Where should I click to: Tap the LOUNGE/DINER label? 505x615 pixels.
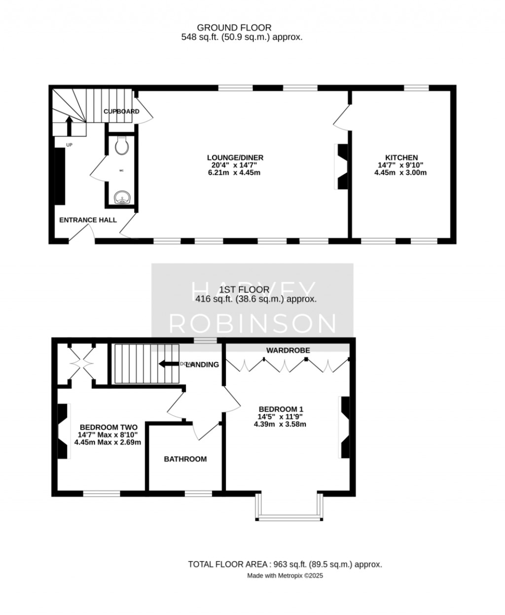pyautogui.click(x=235, y=157)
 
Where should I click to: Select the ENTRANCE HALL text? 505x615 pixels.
pyautogui.click(x=88, y=220)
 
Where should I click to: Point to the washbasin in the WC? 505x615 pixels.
pyautogui.click(x=121, y=198)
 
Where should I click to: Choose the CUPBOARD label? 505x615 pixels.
pyautogui.click(x=121, y=112)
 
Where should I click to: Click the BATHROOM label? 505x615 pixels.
pyautogui.click(x=185, y=459)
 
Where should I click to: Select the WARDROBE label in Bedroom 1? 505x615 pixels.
pyautogui.click(x=288, y=350)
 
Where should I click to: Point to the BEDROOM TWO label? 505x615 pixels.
pyautogui.click(x=108, y=427)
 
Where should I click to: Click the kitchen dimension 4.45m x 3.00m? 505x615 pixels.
pyautogui.click(x=400, y=173)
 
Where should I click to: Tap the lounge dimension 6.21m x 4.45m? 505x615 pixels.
pyautogui.click(x=234, y=173)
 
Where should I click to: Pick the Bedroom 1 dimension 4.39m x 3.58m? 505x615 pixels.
pyautogui.click(x=280, y=424)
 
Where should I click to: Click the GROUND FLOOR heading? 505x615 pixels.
pyautogui.click(x=234, y=28)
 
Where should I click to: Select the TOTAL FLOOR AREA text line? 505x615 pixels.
pyautogui.click(x=285, y=564)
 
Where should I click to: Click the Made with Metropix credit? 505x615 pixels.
pyautogui.click(x=285, y=576)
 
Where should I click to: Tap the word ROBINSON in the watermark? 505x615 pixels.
pyautogui.click(x=252, y=323)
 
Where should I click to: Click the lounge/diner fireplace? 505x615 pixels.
pyautogui.click(x=341, y=166)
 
